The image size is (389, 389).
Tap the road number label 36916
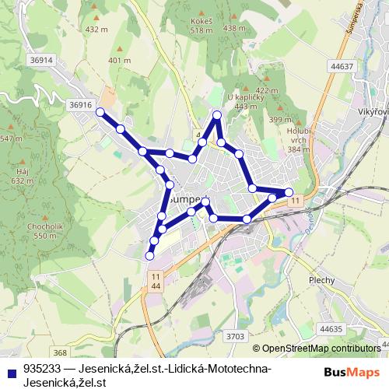point(80,104)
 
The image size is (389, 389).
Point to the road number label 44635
point(331,329)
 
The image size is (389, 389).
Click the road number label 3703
point(237,335)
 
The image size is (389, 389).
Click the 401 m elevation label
point(119,60)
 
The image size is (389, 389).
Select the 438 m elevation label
point(234,28)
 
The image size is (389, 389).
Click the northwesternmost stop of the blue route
point(100,113)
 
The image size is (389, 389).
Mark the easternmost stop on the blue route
point(289,191)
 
